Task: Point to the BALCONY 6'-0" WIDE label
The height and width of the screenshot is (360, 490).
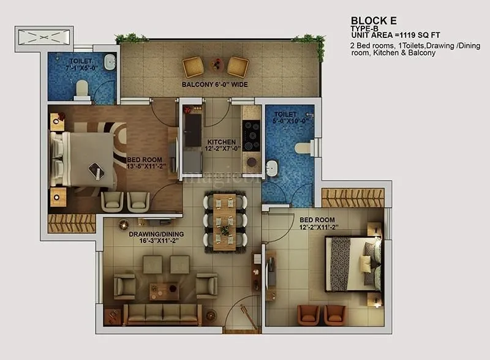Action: [x=214, y=84]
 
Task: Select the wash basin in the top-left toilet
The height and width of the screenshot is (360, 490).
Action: [x=108, y=62]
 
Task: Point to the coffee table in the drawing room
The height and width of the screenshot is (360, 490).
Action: [x=164, y=291]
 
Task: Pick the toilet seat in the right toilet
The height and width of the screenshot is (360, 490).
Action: [x=302, y=148]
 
